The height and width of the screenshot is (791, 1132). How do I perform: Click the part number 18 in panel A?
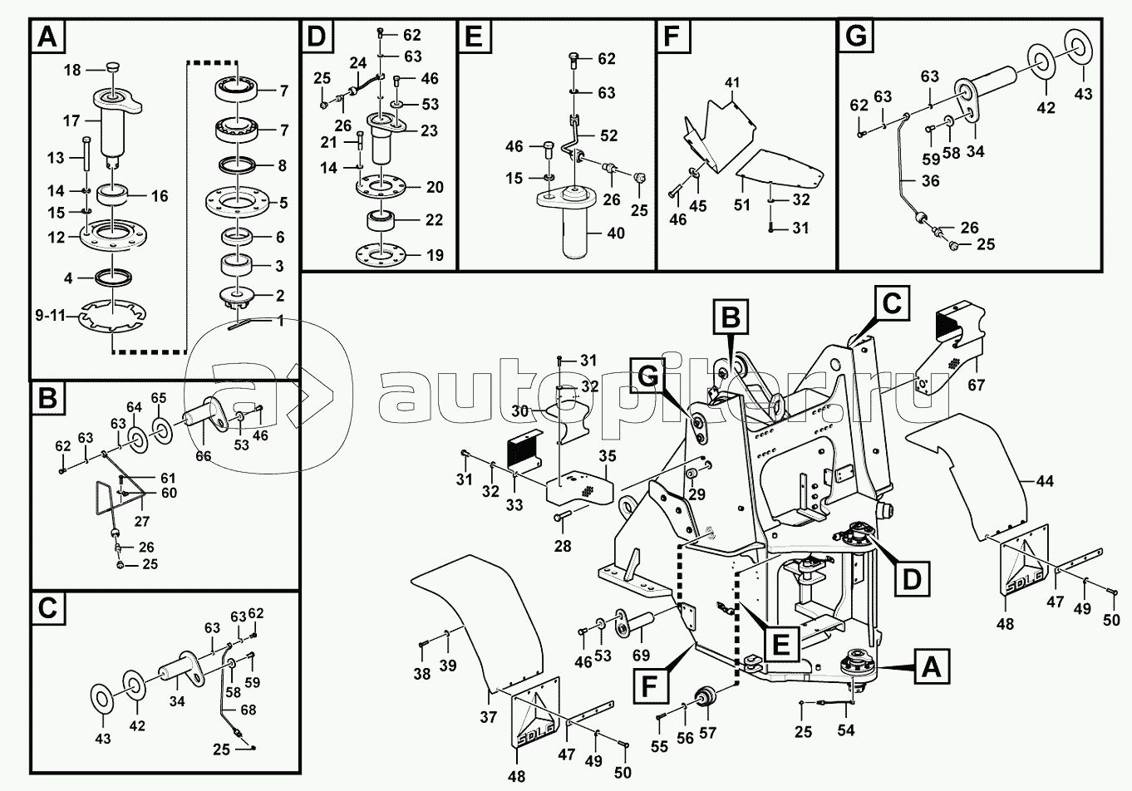pyautogui.click(x=72, y=70)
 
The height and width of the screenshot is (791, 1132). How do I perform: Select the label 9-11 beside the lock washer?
pyautogui.click(x=50, y=317)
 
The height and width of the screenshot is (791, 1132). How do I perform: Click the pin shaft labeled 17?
pyautogui.click(x=116, y=124)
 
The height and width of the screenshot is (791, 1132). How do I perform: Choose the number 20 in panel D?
pyautogui.click(x=435, y=187)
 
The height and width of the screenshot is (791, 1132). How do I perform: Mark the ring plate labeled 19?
pyautogui.click(x=381, y=254)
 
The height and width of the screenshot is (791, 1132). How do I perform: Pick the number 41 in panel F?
pyautogui.click(x=731, y=81)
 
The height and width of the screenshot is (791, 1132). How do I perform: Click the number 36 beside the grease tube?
pyautogui.click(x=930, y=180)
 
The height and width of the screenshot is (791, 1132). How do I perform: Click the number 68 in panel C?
pyautogui.click(x=249, y=710)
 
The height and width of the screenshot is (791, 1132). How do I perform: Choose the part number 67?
pyautogui.click(x=976, y=385)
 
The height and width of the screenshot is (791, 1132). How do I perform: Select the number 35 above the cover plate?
pyautogui.click(x=608, y=456)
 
